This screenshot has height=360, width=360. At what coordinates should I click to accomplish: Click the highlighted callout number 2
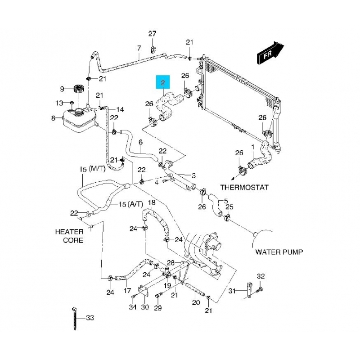pyautogui.click(x=162, y=83)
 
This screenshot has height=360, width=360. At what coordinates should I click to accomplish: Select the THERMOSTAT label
pyautogui.click(x=244, y=187)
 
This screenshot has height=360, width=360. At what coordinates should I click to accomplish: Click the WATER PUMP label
pyautogui.click(x=279, y=252)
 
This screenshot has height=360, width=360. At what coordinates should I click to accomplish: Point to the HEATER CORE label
pyautogui.click(x=69, y=236)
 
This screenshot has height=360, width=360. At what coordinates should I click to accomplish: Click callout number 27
pyautogui.click(x=152, y=34)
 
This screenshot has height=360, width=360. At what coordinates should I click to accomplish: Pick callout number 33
pyautogui.click(x=90, y=318)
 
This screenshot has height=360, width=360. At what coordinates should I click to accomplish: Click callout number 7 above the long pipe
pyautogui.click(x=139, y=48)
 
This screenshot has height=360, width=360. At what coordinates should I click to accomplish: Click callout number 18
pyautogui.click(x=151, y=202)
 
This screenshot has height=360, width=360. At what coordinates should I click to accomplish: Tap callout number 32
pyautogui.click(x=261, y=276)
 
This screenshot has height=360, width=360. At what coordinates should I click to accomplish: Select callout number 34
pyautogui.click(x=132, y=307)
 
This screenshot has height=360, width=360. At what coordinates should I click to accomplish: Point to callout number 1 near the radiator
pyautogui.click(x=252, y=147)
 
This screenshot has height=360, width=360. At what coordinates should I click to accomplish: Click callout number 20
pyautogui.click(x=195, y=302)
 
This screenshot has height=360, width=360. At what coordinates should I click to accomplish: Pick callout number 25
pyautogui.click(x=229, y=207)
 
